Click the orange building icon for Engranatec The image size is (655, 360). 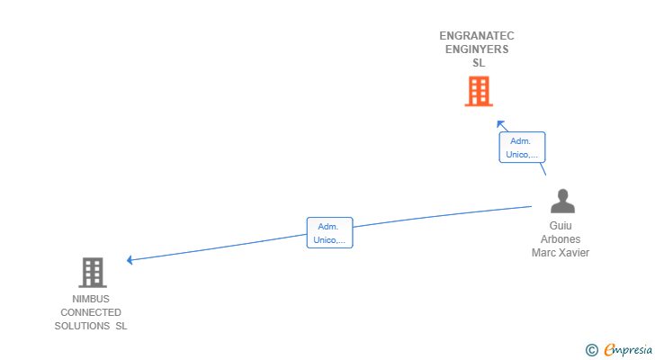[479, 91]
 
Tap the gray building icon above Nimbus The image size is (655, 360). [92, 272]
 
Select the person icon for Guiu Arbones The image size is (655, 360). [562, 201]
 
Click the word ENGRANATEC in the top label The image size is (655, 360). [477, 36]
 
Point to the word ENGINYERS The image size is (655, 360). [477, 49]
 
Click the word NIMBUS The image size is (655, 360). [91, 299]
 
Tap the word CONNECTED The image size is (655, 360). [91, 312]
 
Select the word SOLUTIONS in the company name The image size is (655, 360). [81, 326]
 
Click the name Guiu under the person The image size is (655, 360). [561, 226]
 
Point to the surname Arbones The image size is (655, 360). [561, 239]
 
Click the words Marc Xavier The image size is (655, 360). [561, 253]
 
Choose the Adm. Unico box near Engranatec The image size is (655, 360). [522, 148]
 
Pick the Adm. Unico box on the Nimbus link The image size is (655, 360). [329, 233]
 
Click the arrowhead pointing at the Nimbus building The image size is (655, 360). [130, 260]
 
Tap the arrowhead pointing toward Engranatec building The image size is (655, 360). [500, 124]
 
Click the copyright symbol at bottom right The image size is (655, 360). [591, 350]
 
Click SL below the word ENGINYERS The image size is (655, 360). [479, 63]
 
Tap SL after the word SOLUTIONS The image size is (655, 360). [121, 326]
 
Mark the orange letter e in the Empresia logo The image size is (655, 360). [609, 350]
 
